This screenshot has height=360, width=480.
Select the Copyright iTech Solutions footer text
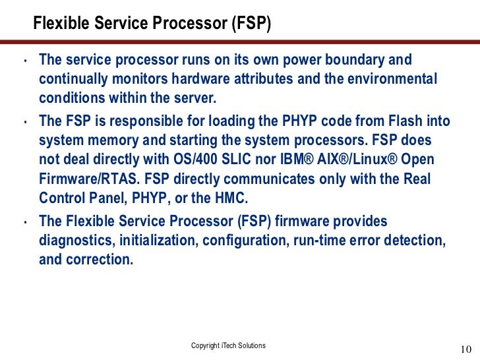tap(228, 345)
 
